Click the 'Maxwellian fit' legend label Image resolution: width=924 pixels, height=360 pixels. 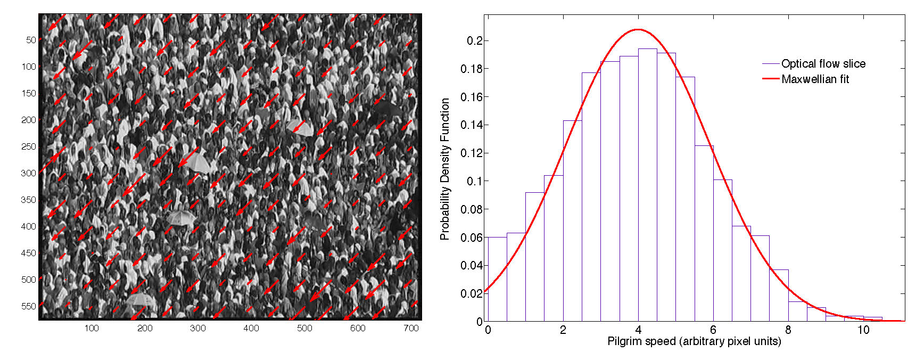(815, 79)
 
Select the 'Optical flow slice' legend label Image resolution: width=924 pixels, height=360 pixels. (823, 64)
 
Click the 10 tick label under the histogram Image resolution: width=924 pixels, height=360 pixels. (863, 330)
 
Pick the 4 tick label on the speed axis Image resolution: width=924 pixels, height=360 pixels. (638, 330)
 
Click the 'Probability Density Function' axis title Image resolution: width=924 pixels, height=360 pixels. (445, 169)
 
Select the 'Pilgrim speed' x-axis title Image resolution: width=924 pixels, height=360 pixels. (694, 341)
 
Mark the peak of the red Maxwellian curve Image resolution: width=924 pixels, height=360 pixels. (638, 30)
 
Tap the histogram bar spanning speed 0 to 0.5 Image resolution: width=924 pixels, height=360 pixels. (497, 279)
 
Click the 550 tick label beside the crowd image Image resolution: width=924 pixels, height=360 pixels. (29, 306)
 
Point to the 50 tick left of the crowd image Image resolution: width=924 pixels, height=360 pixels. (31, 40)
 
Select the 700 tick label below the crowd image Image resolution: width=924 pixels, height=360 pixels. (411, 328)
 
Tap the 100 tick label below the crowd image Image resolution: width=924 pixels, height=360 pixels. (92, 328)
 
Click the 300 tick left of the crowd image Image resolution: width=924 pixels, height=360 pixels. (29, 173)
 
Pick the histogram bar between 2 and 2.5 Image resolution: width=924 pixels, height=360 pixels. (572, 220)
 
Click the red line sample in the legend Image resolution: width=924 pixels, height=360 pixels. (771, 79)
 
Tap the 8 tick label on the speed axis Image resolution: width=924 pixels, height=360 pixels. (788, 330)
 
